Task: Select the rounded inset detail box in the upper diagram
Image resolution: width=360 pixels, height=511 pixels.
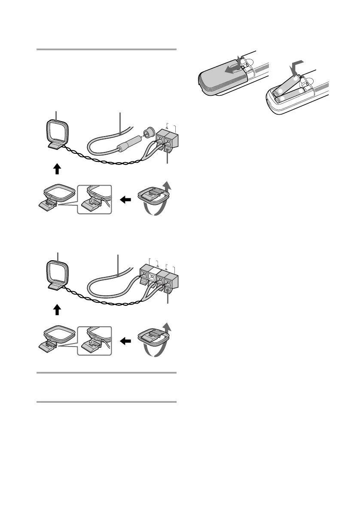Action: point(94,199)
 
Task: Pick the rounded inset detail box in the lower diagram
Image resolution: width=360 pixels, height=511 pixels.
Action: point(94,341)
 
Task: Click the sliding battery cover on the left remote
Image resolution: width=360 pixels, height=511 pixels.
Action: point(222,79)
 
